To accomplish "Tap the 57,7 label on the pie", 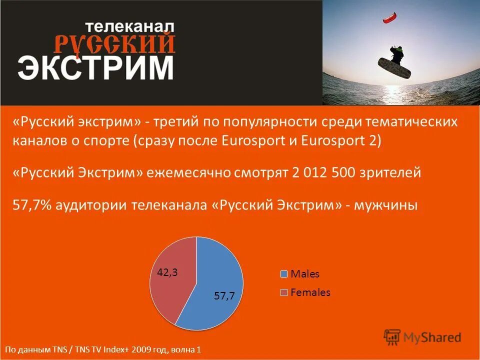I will click(224, 295).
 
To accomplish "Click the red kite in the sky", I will click(388, 18).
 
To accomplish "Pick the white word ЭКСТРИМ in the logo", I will click(96, 67).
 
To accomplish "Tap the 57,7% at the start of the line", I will click(32, 205).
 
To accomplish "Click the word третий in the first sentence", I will click(178, 122).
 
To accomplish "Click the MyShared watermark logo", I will click(422, 337).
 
